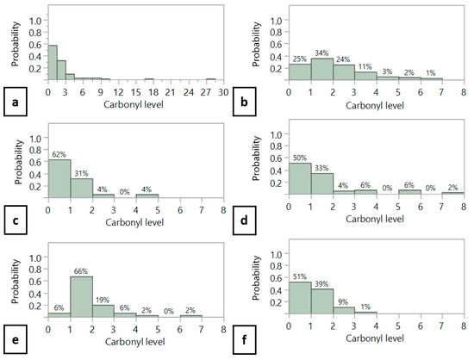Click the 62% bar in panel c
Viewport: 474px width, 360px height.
(x=59, y=178)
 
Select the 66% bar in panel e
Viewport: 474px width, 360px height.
(x=81, y=296)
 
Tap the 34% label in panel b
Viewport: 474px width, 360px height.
(x=321, y=53)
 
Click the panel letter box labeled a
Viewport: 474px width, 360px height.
(x=16, y=102)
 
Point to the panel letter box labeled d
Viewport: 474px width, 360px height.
(x=244, y=220)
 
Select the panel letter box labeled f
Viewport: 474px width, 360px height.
(x=244, y=339)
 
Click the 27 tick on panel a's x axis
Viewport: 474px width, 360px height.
(x=206, y=92)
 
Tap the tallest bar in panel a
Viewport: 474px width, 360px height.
(x=53, y=63)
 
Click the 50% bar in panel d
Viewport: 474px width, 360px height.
(x=300, y=178)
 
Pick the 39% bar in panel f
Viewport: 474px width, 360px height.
(x=322, y=301)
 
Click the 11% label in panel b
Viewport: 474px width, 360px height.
(x=365, y=66)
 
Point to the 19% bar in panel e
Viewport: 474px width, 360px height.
(x=103, y=311)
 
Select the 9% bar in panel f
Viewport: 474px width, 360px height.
(x=344, y=310)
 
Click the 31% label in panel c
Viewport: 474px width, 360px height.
(x=81, y=173)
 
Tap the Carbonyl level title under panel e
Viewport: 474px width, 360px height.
(x=134, y=342)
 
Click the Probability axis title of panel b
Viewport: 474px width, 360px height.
(x=256, y=44)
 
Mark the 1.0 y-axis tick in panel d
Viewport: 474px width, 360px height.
(x=276, y=134)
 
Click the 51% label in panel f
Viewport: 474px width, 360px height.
(x=300, y=276)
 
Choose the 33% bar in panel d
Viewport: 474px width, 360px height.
(x=322, y=183)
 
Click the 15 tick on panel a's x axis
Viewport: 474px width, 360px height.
(x=136, y=92)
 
